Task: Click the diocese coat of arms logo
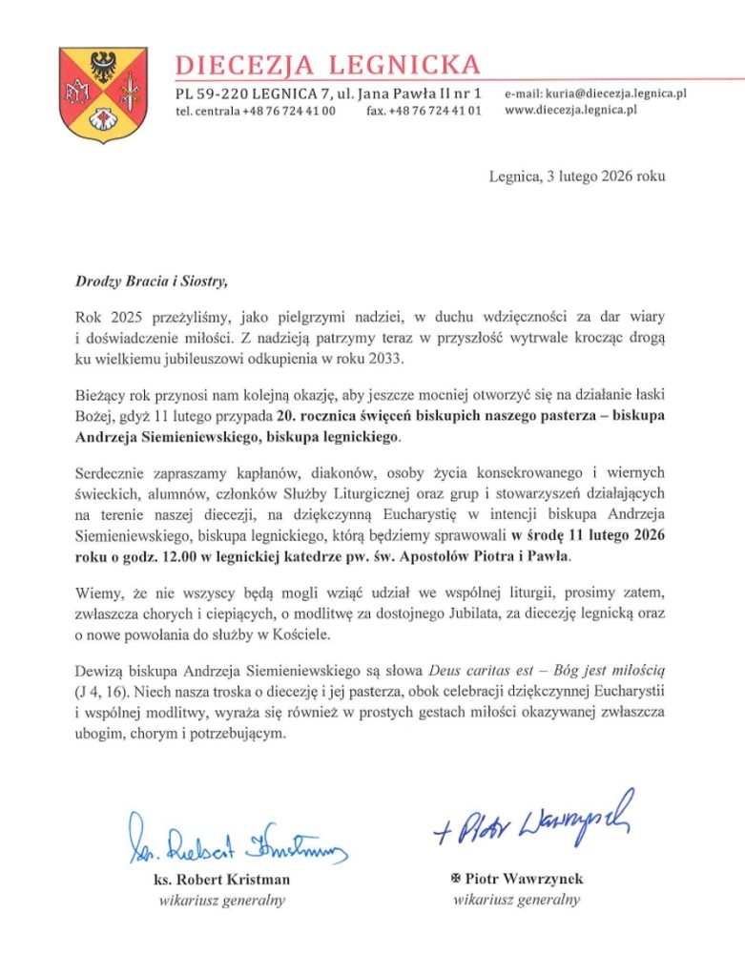[90, 95]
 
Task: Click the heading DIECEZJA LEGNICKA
[327, 65]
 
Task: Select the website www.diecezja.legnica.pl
[570, 110]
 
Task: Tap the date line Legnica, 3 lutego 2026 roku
[577, 176]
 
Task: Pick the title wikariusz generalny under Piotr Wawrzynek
[516, 899]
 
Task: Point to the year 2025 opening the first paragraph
[119, 315]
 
